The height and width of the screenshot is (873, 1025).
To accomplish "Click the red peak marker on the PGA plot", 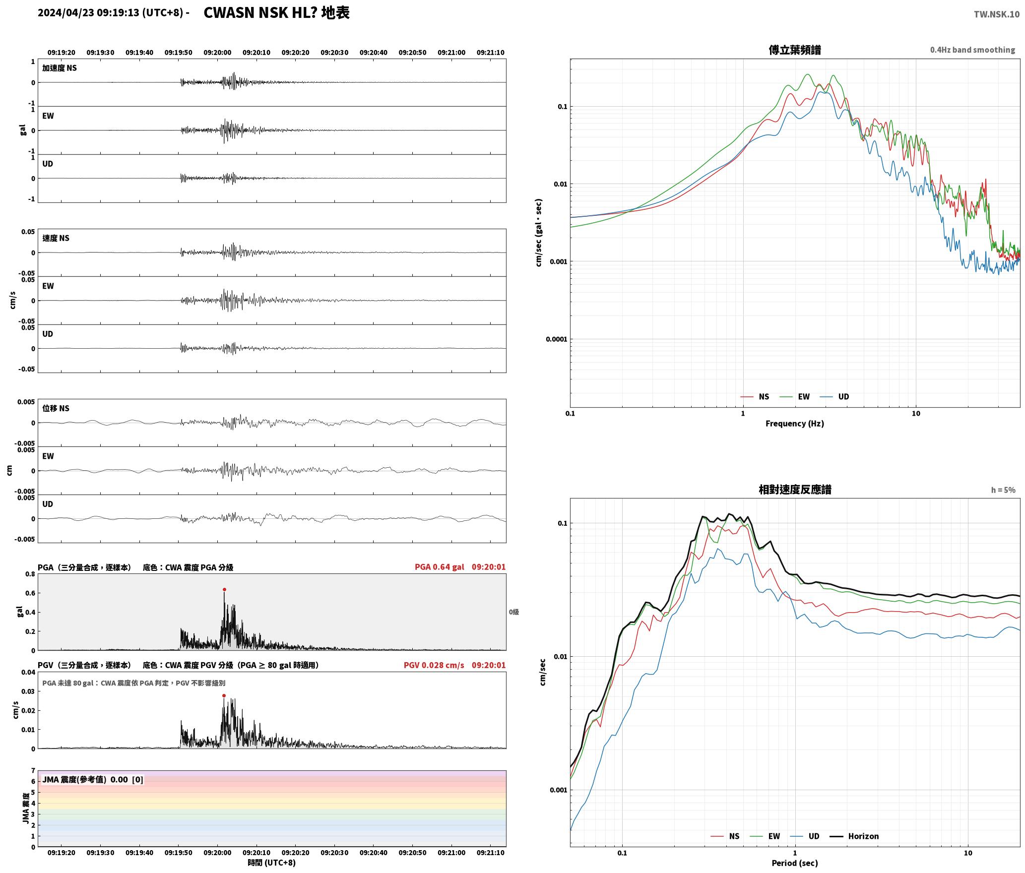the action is (224, 589).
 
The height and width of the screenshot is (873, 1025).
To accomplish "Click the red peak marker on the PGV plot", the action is (224, 695).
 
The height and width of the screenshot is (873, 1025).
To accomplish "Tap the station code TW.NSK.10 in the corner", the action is (997, 14).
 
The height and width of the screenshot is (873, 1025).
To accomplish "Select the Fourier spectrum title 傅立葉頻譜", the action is (795, 50).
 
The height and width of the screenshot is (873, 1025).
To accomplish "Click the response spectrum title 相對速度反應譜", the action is (795, 489).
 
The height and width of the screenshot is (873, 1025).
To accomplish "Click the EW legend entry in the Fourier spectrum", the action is (795, 396).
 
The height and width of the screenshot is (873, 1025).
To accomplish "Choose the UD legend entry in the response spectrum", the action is (805, 836).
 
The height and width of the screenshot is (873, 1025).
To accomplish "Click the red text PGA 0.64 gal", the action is (439, 567).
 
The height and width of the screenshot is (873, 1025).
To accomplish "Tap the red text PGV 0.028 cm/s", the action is (434, 665).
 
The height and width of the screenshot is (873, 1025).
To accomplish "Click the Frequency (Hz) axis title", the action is (794, 423).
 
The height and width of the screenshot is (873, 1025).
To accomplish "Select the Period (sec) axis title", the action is (794, 863).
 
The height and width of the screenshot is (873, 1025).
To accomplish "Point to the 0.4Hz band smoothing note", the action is (972, 50).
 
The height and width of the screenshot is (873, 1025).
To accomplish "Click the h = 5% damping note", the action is (1003, 490).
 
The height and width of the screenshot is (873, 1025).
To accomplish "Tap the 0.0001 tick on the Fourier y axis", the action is (556, 339).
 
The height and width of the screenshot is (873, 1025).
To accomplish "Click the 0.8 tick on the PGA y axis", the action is (30, 574).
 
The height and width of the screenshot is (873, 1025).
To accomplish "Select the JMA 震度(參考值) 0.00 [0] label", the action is (93, 779).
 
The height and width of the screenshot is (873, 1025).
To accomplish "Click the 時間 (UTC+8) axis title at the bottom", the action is (272, 863).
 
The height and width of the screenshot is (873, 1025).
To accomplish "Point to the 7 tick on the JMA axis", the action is (33, 770).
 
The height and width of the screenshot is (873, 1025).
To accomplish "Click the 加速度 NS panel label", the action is (60, 68).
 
